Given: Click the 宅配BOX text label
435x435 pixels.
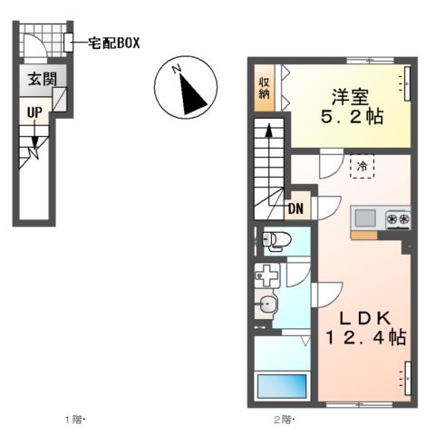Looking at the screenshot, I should click(113, 43).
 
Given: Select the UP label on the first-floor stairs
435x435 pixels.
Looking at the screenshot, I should click(34, 112).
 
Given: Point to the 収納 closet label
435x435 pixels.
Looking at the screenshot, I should click(263, 87).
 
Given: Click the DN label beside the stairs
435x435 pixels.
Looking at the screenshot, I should click(295, 208).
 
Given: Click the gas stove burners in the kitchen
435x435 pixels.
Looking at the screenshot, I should click(397, 217).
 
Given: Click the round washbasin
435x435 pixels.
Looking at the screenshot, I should click(266, 305).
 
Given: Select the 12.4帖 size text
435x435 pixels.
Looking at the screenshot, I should click(364, 339).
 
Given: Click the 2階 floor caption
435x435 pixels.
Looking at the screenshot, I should click(282, 420).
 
